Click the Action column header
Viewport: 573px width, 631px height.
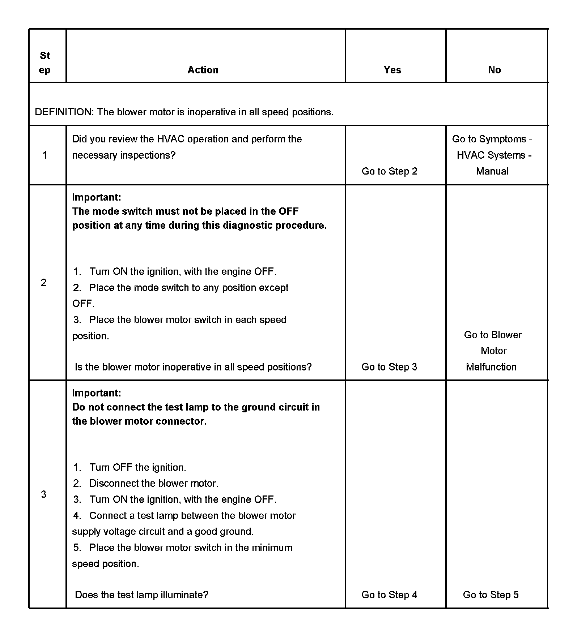tap(203, 70)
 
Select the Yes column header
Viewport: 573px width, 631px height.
tap(392, 70)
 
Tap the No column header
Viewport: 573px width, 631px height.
tap(495, 70)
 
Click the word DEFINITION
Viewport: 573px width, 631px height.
tap(64, 112)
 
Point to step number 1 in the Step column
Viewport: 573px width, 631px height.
tap(44, 155)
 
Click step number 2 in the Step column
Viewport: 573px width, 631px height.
tap(44, 282)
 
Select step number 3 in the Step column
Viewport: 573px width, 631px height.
tap(44, 494)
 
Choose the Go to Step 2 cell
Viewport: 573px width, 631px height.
tap(389, 171)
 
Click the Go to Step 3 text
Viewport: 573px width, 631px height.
tap(389, 367)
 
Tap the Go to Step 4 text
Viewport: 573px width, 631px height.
tap(389, 594)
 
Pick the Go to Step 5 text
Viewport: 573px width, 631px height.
tap(491, 594)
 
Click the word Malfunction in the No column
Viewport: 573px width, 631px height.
tap(491, 367)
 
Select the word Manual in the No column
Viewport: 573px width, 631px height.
tap(492, 171)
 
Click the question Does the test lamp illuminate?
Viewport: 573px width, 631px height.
tap(141, 594)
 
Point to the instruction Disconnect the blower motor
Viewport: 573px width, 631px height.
tap(154, 483)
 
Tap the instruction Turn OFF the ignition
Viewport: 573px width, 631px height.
tap(137, 467)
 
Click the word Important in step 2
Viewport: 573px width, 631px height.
tap(97, 197)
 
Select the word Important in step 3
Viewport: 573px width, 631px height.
tap(97, 393)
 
